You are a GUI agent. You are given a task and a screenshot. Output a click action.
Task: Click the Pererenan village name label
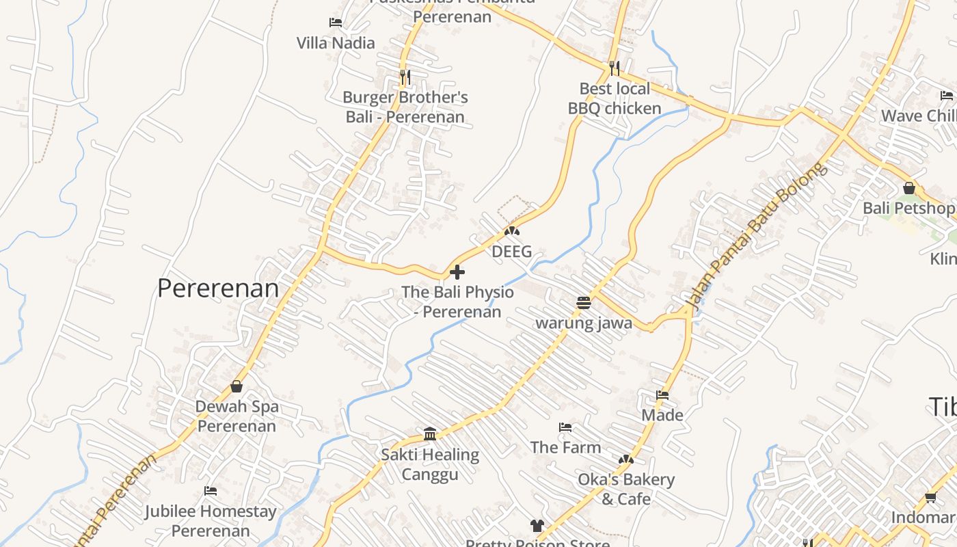click(x=218, y=288)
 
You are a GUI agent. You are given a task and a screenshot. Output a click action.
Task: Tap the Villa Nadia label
click(x=336, y=43)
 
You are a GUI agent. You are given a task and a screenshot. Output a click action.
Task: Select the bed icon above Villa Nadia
click(x=336, y=22)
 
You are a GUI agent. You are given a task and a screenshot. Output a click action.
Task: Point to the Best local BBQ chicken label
click(x=615, y=98)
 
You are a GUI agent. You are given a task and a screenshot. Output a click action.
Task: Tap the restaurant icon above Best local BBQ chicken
click(x=615, y=68)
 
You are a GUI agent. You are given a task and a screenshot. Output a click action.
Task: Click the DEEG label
click(x=511, y=252)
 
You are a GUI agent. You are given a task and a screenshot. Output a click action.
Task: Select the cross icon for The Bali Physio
click(x=457, y=272)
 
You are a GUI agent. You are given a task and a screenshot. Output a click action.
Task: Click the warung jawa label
click(x=584, y=323)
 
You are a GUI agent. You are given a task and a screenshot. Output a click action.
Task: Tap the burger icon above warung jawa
click(x=584, y=302)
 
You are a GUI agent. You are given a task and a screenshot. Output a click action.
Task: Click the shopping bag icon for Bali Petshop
click(x=909, y=187)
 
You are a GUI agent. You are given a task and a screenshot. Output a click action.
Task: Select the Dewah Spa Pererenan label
click(x=237, y=416)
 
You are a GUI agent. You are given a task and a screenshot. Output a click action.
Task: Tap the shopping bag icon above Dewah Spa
click(x=237, y=386)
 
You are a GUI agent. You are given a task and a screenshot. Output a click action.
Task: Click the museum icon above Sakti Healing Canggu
click(x=430, y=433)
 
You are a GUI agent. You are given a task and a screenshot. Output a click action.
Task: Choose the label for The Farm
click(x=565, y=447)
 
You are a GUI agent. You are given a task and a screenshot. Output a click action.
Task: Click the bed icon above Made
click(x=662, y=395)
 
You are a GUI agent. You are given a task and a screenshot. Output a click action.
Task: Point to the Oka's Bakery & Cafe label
click(x=626, y=489)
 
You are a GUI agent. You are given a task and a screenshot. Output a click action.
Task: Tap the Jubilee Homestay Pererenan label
click(x=211, y=520)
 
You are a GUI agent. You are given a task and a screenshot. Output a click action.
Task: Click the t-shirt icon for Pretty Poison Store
click(x=537, y=525)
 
